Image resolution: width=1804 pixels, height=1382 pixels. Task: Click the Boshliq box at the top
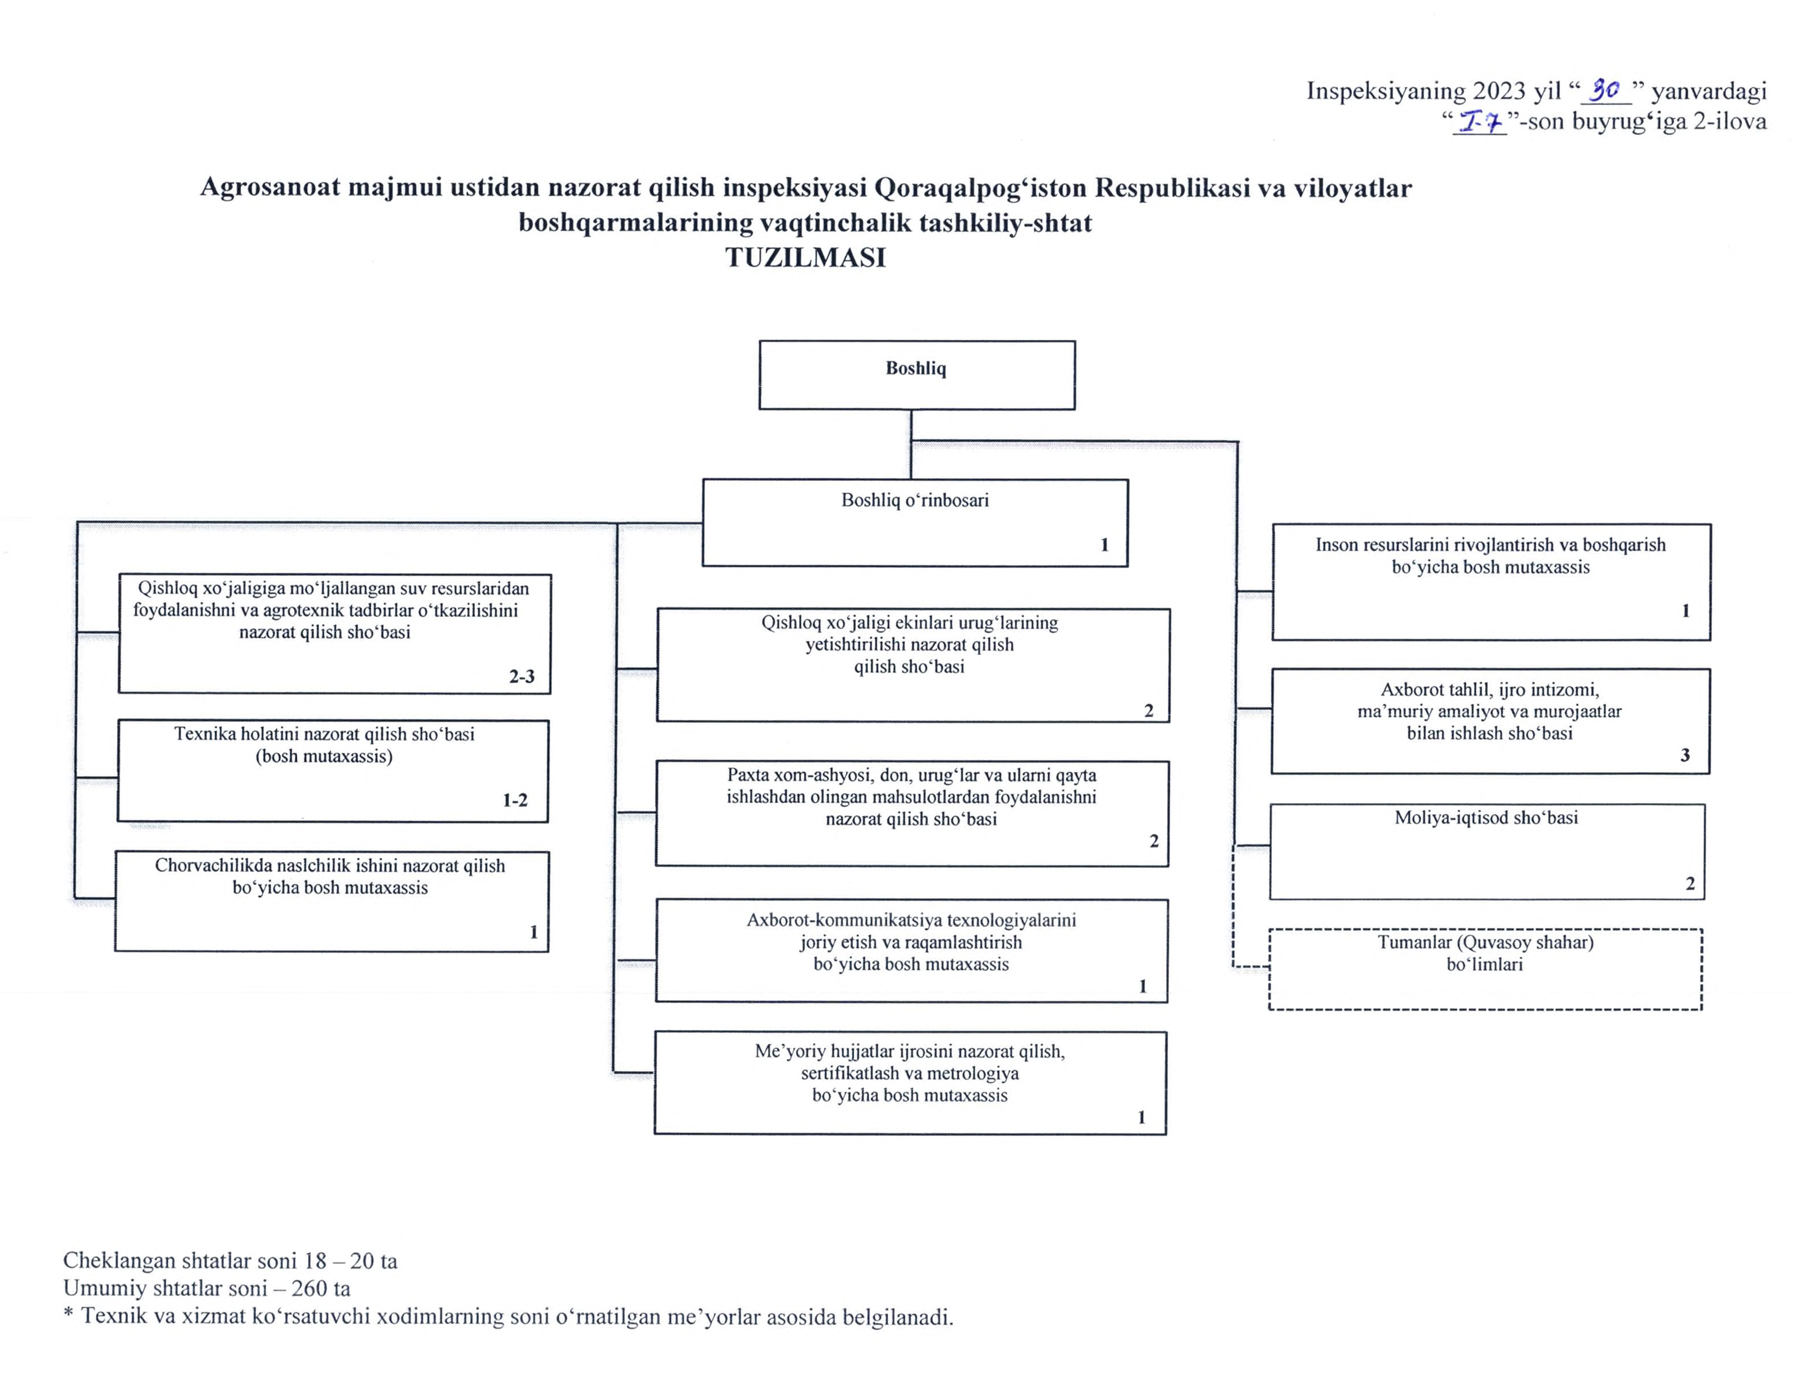[x=916, y=375]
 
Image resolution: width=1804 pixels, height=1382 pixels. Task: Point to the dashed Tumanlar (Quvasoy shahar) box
[x=1485, y=969]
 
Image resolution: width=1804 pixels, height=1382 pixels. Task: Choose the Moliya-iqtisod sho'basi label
[x=1486, y=818]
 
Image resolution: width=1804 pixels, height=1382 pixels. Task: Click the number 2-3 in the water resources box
[x=522, y=676]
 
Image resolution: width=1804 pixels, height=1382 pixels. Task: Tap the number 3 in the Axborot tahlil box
[x=1685, y=755]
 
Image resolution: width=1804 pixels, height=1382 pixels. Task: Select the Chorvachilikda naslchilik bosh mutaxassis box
[x=331, y=902]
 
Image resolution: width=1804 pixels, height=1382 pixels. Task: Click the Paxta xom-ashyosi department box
[x=911, y=814]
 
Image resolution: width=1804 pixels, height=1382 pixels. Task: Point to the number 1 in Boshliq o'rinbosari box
[x=1105, y=545]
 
